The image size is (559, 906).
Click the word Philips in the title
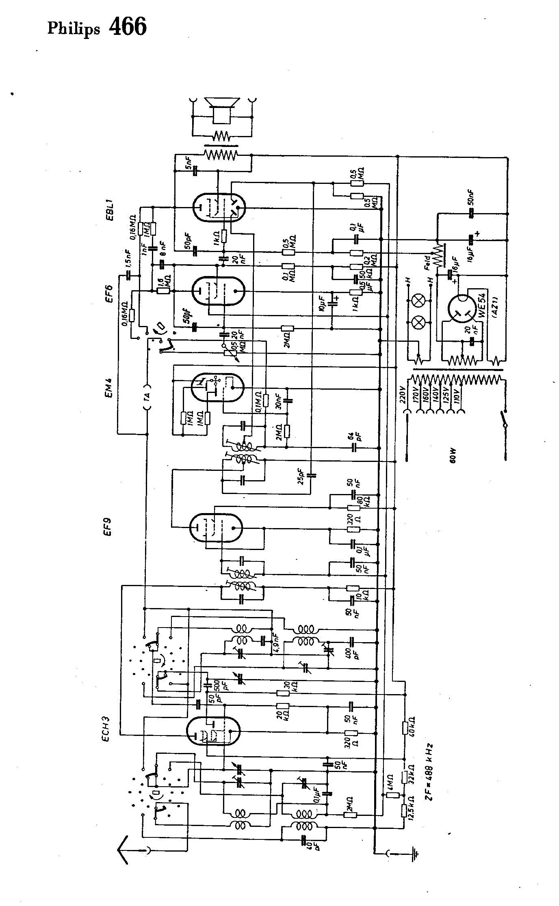73,29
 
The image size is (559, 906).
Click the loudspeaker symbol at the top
222,110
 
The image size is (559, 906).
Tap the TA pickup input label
147,397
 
